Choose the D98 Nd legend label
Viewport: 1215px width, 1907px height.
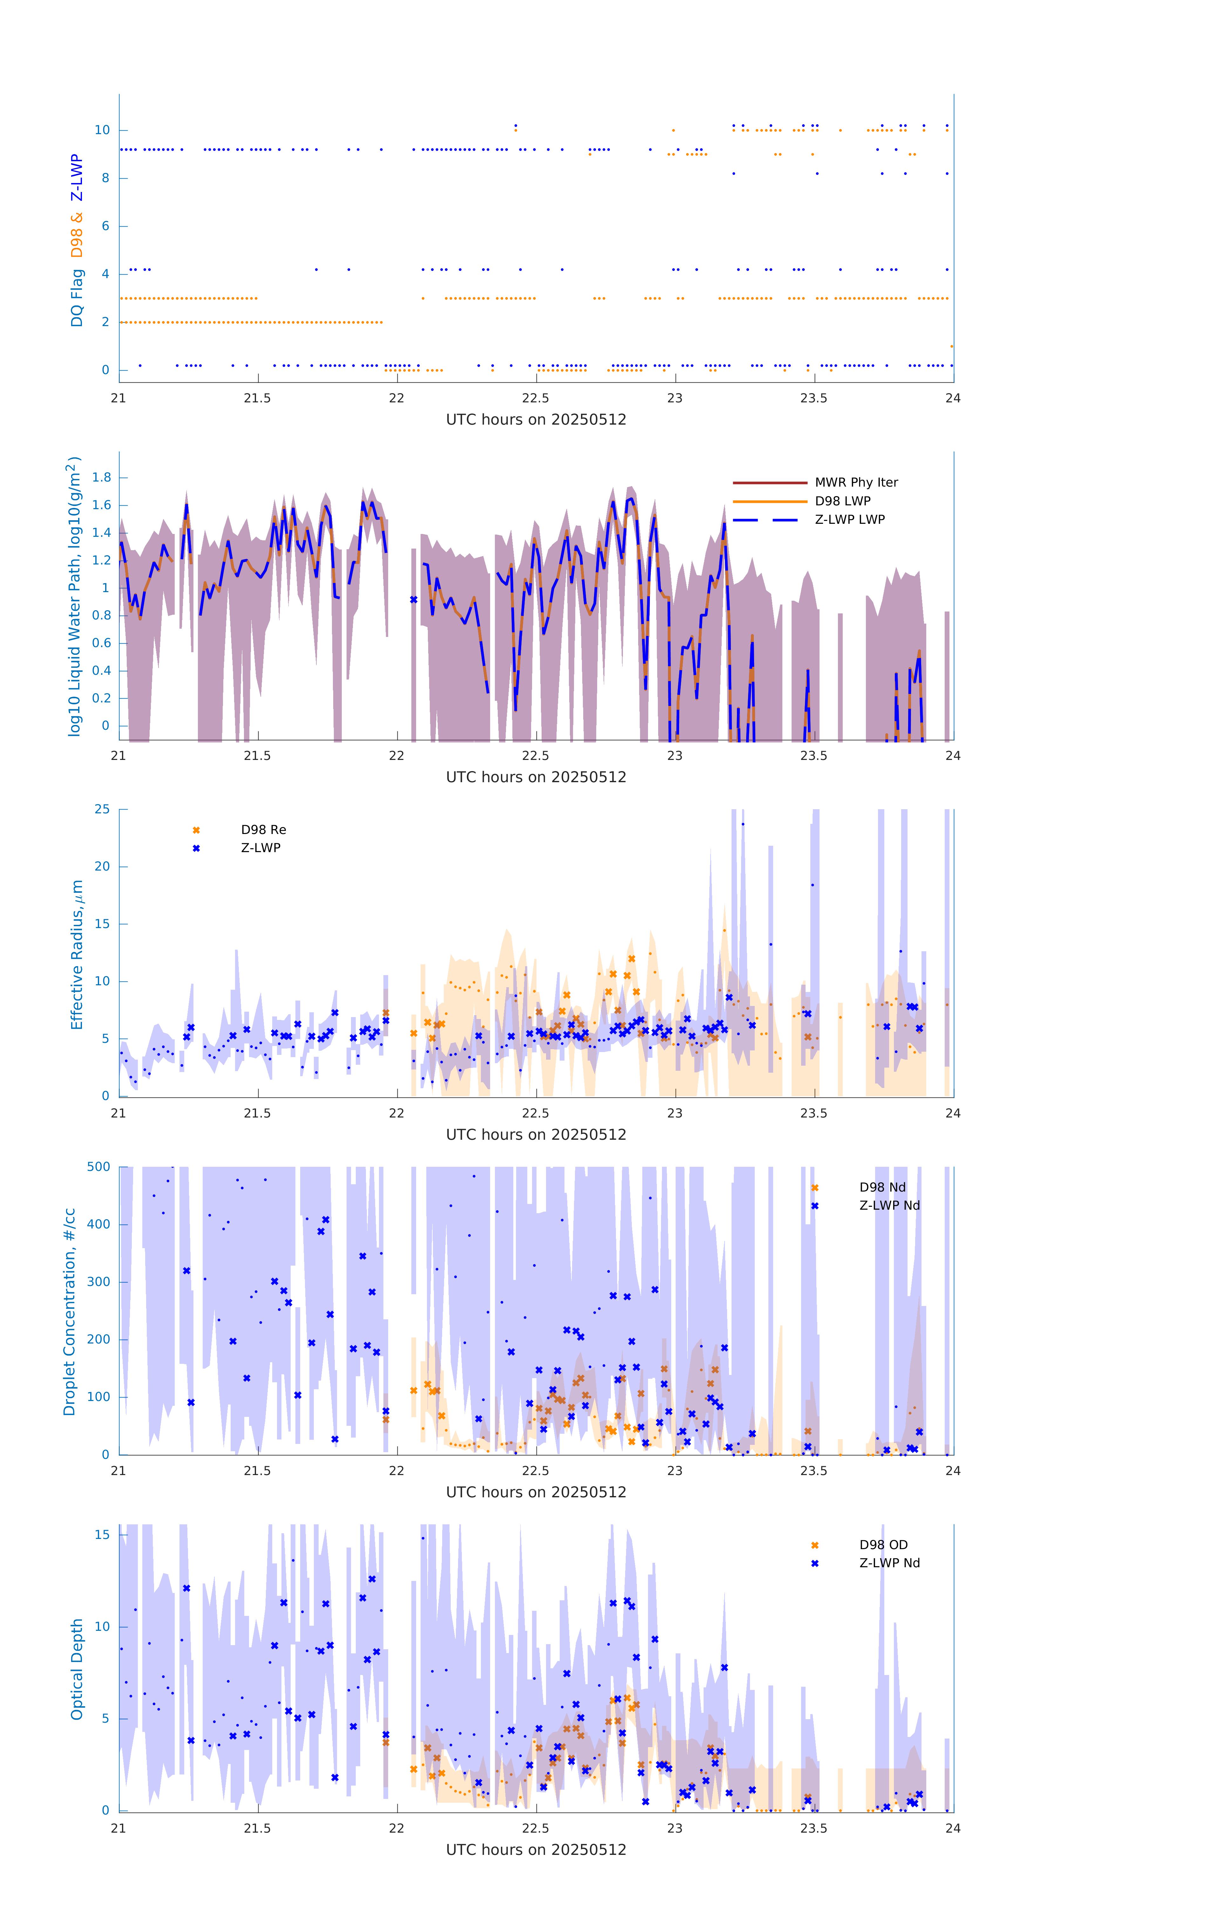pos(882,1187)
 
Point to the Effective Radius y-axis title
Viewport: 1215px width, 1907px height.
pos(77,954)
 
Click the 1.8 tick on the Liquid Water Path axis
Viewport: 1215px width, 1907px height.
pos(101,477)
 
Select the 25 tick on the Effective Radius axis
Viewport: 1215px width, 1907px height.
pos(102,810)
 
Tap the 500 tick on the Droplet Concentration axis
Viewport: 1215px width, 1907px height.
pos(99,1166)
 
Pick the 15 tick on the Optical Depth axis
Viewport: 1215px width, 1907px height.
pos(102,1535)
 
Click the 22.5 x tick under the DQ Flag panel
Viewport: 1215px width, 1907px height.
pos(535,398)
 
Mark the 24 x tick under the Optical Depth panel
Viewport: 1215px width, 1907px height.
pos(952,1828)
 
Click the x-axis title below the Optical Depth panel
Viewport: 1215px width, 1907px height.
pos(536,1850)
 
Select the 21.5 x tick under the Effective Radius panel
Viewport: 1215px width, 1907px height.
pos(257,1113)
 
